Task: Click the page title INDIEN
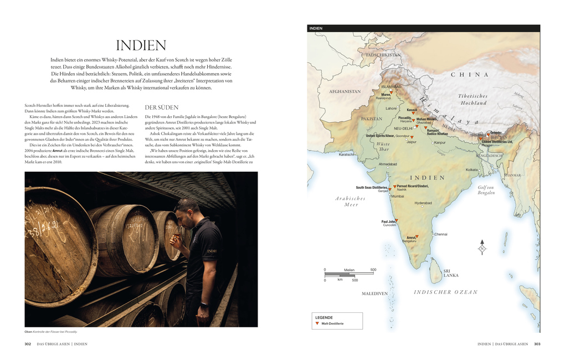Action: (141, 45)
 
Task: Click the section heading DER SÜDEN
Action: (161, 107)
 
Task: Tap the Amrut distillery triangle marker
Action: (417, 236)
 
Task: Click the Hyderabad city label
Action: (423, 203)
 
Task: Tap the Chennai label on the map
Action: (440, 234)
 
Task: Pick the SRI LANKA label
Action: (450, 273)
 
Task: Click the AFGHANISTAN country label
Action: (345, 91)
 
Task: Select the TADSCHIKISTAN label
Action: (383, 55)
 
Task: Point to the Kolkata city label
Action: (471, 169)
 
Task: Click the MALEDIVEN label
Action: (375, 294)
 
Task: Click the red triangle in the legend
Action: (316, 323)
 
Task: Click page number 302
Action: (28, 344)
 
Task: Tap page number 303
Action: (537, 344)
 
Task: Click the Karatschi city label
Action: (347, 155)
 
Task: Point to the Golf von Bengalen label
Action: (486, 190)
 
